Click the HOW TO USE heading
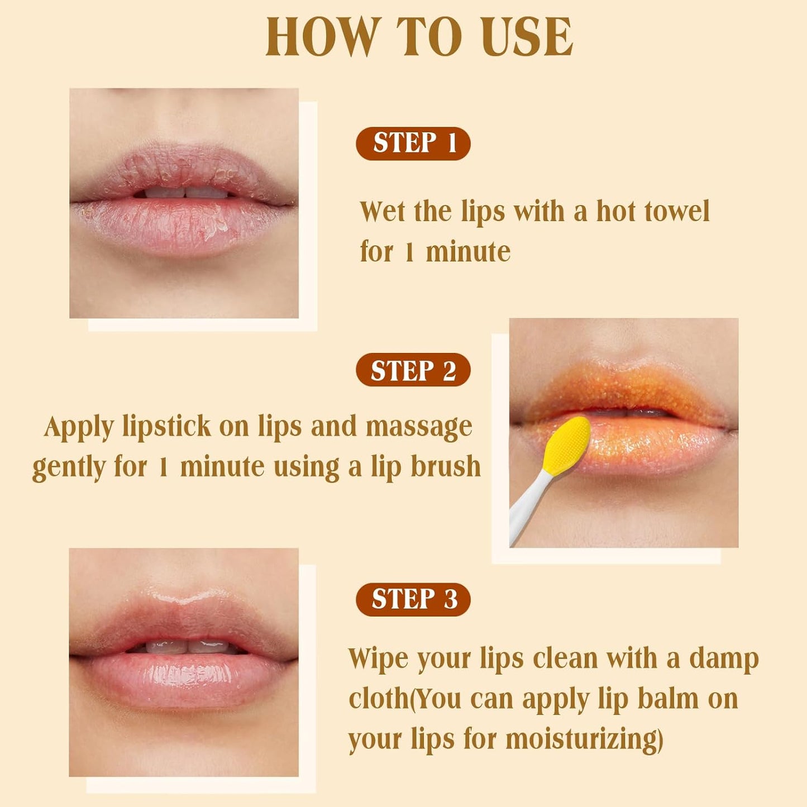pyautogui.click(x=419, y=37)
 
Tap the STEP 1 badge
pyautogui.click(x=413, y=144)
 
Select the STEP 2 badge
pyautogui.click(x=413, y=370)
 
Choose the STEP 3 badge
pyautogui.click(x=413, y=600)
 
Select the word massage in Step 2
pyautogui.click(x=419, y=427)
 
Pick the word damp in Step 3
pyautogui.click(x=724, y=659)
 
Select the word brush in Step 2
pyautogui.click(x=445, y=467)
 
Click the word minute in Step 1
pyautogui.click(x=468, y=252)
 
